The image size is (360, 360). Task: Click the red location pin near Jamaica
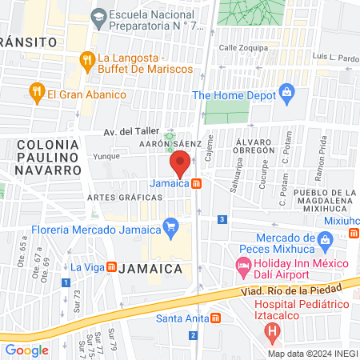coord(180,165)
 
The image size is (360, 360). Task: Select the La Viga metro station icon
coord(113,266)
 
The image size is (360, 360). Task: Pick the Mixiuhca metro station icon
coord(353,233)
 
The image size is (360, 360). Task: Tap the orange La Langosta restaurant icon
coord(87,59)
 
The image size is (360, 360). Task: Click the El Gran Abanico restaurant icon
coord(36,93)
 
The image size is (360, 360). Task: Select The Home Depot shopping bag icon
coord(287,94)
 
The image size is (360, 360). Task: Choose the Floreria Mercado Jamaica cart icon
coord(170,226)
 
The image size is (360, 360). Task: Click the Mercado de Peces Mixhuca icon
coord(325,239)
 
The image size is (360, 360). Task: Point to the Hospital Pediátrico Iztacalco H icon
coord(273,328)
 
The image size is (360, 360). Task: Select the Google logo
coord(26,350)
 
